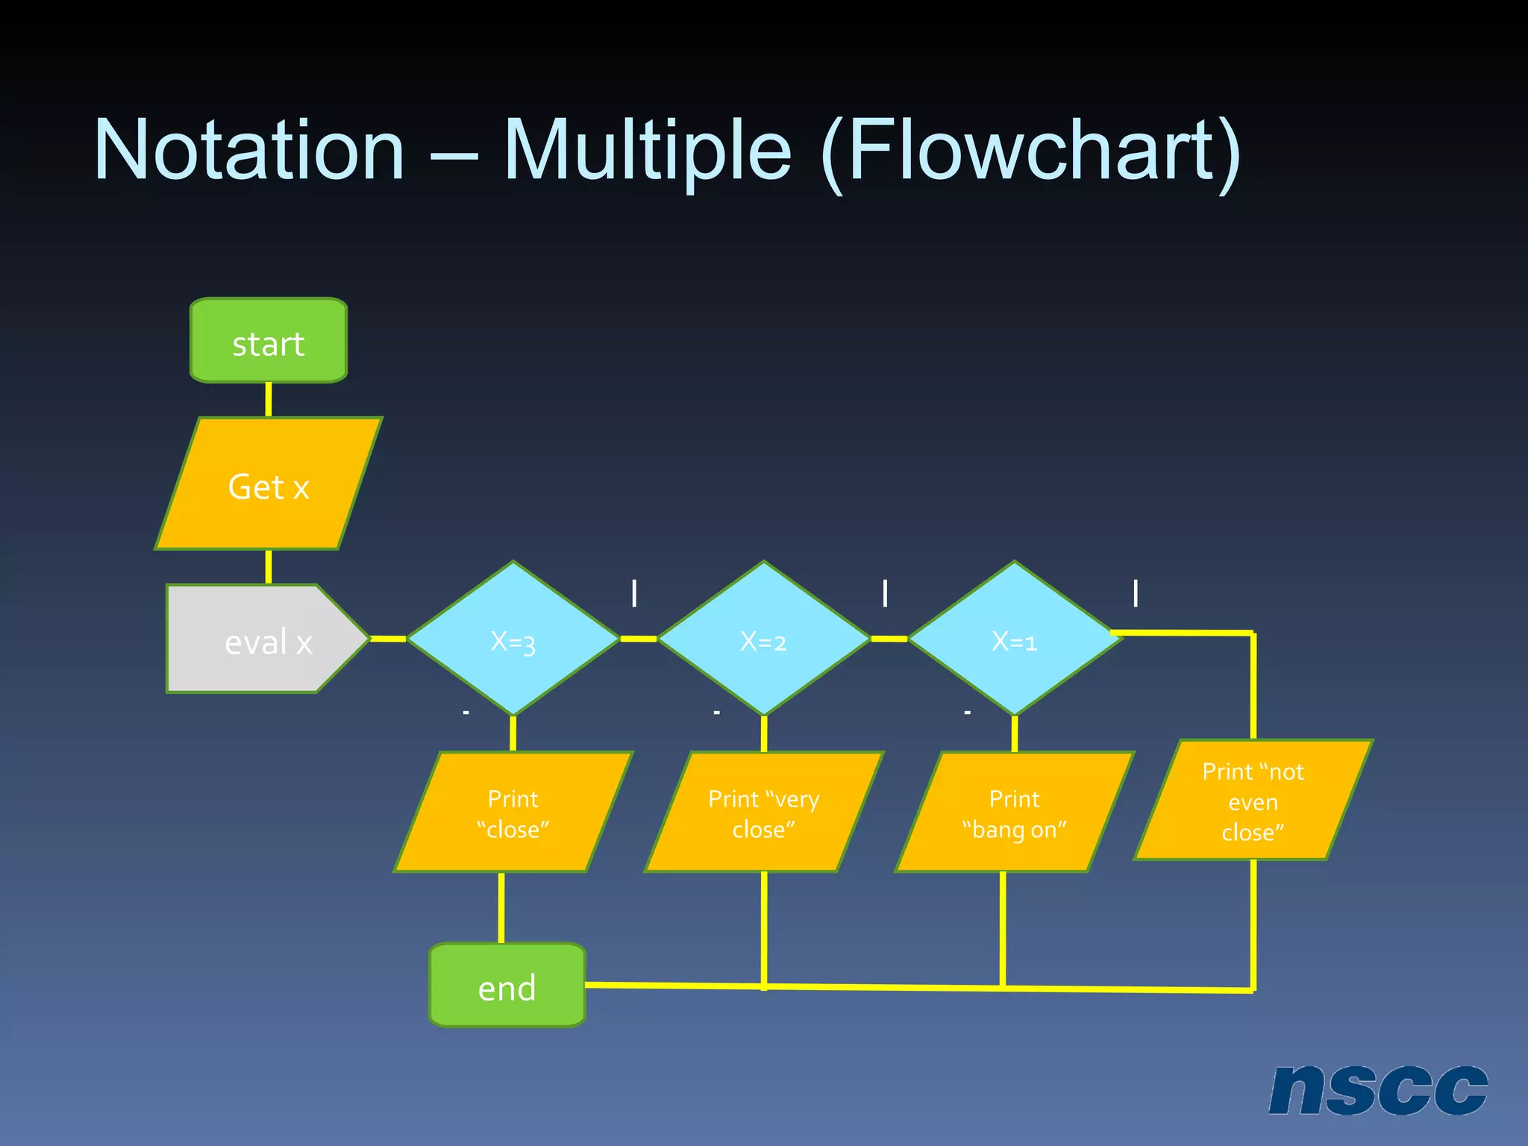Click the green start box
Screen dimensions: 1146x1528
coord(269,341)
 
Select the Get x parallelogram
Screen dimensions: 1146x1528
coord(269,484)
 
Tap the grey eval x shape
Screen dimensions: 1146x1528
coord(261,639)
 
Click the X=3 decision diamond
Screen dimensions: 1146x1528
coord(513,639)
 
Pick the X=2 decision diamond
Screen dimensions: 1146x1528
coord(763,639)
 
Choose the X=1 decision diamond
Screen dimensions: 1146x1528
coord(1014,639)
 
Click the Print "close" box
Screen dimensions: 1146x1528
coord(513,812)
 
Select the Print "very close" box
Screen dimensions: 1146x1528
coord(763,812)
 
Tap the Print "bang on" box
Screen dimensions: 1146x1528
coord(1014,812)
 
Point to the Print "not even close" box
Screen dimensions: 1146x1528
coord(1253,801)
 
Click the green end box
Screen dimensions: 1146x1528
coord(507,986)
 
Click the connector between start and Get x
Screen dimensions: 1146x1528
coord(269,400)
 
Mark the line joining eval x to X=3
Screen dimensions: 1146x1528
coord(388,639)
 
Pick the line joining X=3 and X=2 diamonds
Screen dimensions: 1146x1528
coord(638,639)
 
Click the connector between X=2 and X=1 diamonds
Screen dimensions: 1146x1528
coord(889,639)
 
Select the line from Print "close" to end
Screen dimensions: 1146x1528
coord(501,907)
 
